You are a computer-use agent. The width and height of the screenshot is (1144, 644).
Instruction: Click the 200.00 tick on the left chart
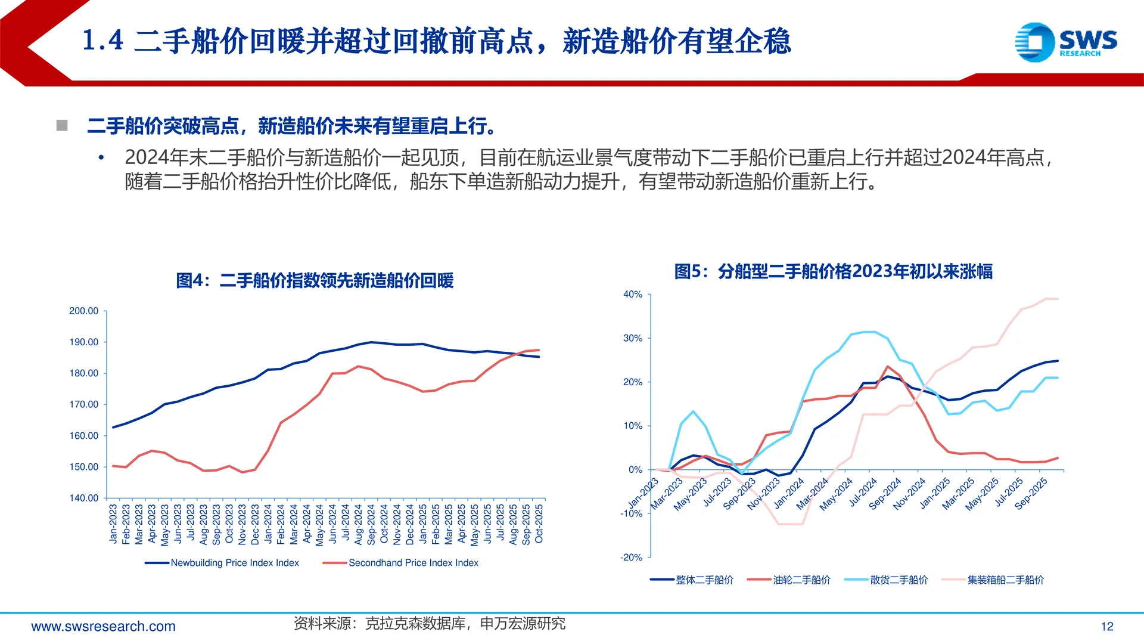tap(84, 311)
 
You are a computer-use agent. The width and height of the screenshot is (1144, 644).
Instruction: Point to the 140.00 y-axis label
tap(84, 498)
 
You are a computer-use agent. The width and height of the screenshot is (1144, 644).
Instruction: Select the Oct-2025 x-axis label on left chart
tap(539, 524)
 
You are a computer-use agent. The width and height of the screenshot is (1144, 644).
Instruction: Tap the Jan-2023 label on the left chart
tap(113, 524)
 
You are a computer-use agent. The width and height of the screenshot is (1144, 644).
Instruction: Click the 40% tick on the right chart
tap(633, 295)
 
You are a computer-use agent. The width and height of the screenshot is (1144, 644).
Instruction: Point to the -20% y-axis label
tap(632, 558)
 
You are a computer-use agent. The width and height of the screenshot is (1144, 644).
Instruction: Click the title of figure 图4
tap(315, 280)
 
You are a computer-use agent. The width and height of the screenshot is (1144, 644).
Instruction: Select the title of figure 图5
tap(833, 271)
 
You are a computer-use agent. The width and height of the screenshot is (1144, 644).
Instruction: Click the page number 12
tap(1106, 626)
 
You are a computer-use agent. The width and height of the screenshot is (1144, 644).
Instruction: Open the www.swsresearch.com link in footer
tap(103, 626)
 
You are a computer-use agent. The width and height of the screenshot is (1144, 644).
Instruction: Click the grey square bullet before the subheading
tap(62, 125)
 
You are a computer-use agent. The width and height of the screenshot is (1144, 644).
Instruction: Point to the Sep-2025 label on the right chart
tap(1031, 494)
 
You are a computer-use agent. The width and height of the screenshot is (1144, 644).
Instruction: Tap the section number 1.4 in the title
tap(102, 41)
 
